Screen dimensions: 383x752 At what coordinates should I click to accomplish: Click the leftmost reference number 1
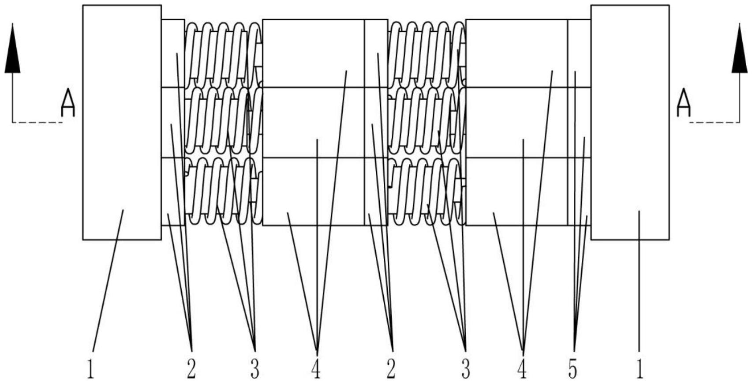click(x=90, y=369)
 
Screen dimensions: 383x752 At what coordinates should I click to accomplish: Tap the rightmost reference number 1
click(x=639, y=369)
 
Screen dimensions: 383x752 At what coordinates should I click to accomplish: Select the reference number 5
click(x=572, y=369)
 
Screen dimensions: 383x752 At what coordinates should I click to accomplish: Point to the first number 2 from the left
click(x=191, y=369)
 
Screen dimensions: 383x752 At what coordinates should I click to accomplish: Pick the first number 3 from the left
click(x=254, y=369)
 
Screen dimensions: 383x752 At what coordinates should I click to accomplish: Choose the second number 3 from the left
click(x=465, y=369)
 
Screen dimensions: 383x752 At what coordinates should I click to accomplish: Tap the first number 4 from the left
click(x=316, y=369)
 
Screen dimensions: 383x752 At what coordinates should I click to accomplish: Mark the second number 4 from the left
click(x=522, y=369)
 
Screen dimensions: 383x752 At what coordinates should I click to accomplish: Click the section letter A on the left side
click(x=68, y=103)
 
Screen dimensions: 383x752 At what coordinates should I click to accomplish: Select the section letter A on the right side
click(x=683, y=103)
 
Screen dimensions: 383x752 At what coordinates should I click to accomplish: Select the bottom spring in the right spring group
click(x=426, y=191)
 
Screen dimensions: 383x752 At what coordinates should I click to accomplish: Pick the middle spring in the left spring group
click(x=223, y=121)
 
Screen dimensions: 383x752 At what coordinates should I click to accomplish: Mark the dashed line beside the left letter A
click(x=37, y=122)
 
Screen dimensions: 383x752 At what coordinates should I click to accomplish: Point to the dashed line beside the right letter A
click(x=715, y=122)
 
